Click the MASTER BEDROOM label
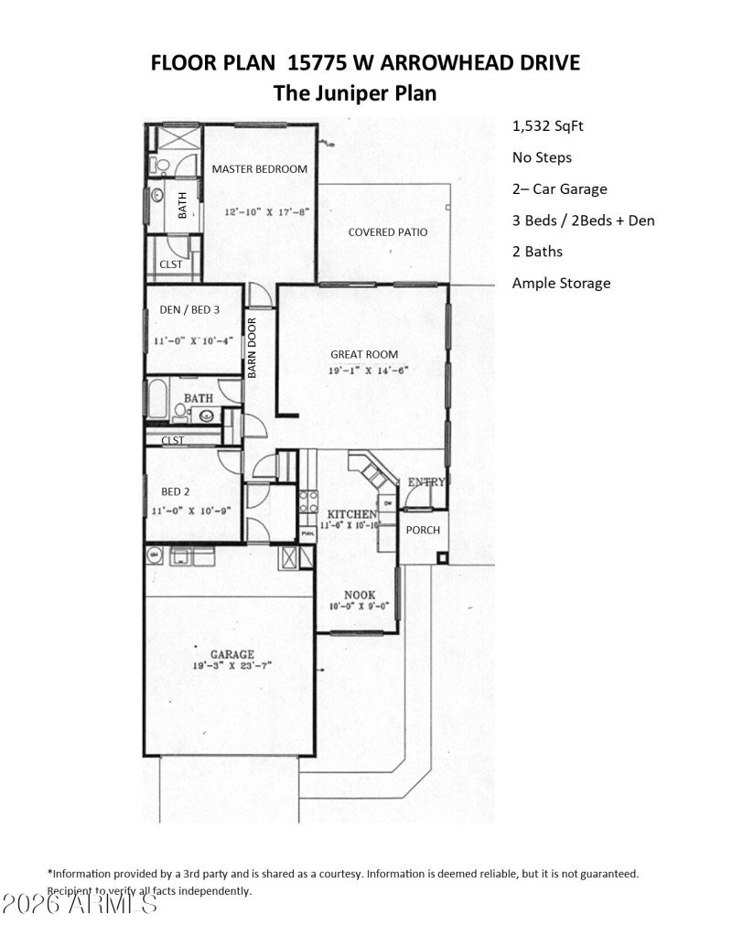tap(260, 168)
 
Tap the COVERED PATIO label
tap(387, 231)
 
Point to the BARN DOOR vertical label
tap(252, 349)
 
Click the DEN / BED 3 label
tap(189, 309)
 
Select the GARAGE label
tap(231, 654)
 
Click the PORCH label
tap(423, 530)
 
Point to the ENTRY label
tap(426, 481)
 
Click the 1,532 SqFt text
tap(547, 125)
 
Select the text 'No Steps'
tap(542, 157)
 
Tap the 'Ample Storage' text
tap(561, 283)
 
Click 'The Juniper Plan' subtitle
tap(355, 92)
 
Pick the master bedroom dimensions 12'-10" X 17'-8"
tap(267, 210)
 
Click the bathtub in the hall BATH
tap(157, 401)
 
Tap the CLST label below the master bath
tap(171, 264)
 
